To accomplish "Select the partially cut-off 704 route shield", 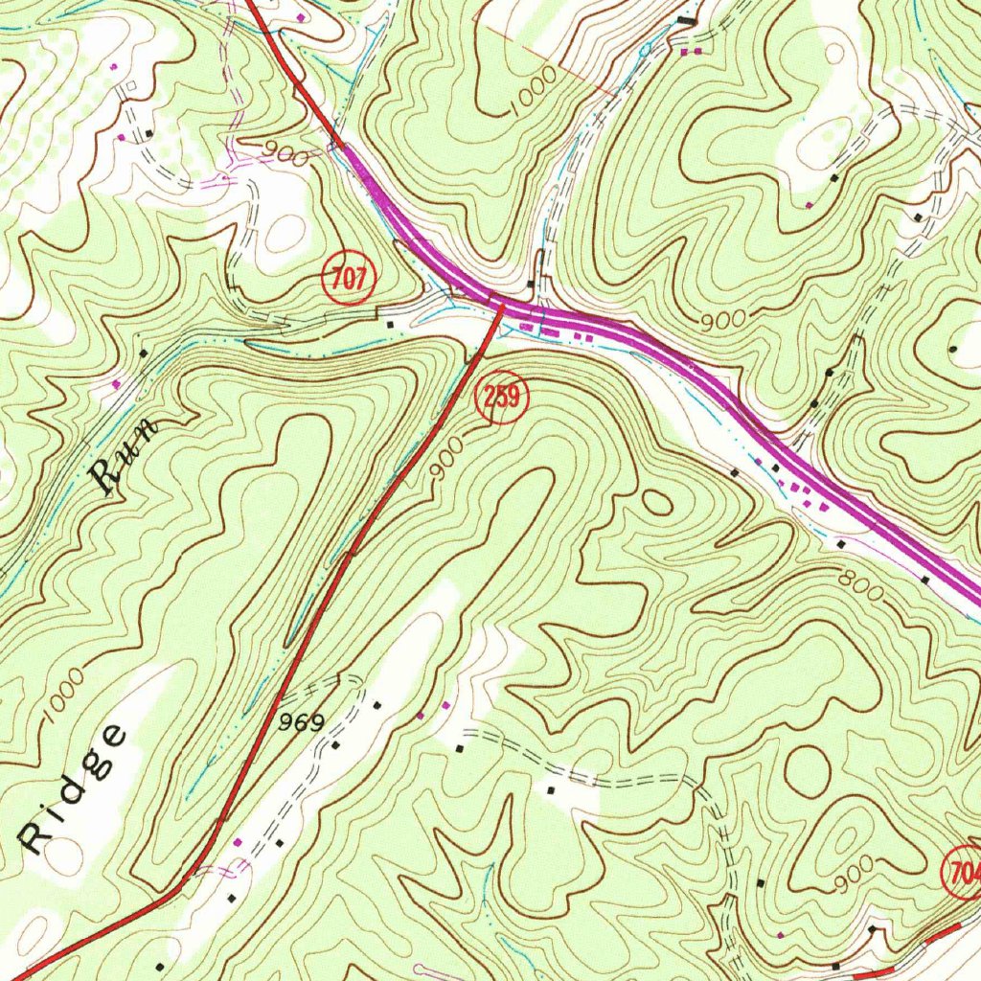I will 962,872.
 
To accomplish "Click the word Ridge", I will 73,789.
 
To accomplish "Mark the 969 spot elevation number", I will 302,722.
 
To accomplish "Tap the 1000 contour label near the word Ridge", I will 63,708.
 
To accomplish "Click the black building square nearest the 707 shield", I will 389,324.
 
